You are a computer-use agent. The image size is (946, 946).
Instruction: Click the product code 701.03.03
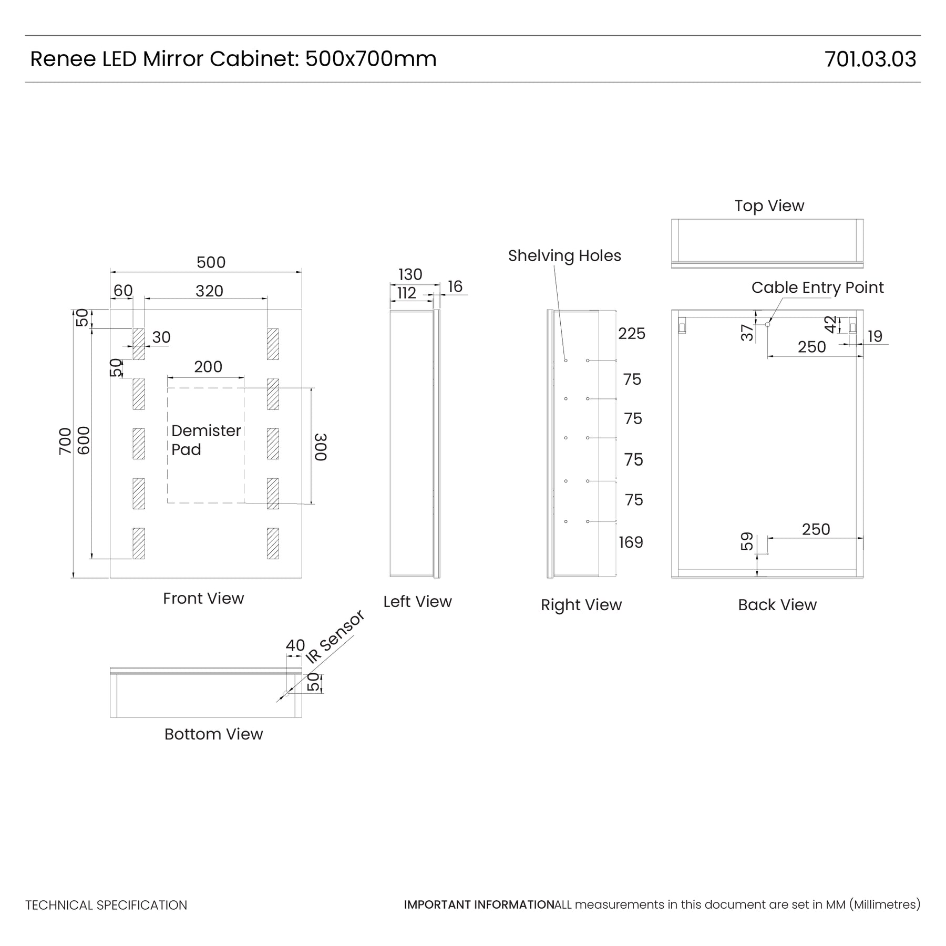tap(870, 59)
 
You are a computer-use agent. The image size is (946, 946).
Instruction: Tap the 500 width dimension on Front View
tap(211, 262)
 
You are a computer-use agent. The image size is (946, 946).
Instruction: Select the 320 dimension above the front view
tap(209, 291)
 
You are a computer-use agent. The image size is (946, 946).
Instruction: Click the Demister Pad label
tap(206, 440)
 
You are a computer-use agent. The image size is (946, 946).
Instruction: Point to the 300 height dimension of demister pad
tap(321, 447)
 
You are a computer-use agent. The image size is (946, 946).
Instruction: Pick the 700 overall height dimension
tap(65, 441)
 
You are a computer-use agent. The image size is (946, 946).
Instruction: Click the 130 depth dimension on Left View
tap(410, 274)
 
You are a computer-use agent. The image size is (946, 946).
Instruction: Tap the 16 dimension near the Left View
tap(455, 286)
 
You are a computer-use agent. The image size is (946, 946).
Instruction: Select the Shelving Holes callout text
tap(564, 255)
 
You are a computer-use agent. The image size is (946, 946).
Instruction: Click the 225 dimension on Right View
tap(632, 333)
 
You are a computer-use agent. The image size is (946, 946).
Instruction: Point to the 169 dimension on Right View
tap(631, 542)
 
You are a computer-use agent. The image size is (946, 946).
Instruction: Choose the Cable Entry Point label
tap(817, 287)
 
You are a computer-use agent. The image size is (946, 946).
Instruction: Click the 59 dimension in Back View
tap(747, 541)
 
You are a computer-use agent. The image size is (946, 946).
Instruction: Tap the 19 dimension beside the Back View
tap(875, 336)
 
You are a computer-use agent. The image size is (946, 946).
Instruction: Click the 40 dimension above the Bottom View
tap(295, 645)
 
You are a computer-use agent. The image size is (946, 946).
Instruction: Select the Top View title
tap(769, 205)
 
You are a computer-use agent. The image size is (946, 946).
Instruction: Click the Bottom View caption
tap(213, 734)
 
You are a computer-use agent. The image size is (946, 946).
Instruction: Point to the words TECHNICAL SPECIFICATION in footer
tap(106, 905)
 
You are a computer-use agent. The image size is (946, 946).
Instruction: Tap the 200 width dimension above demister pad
tap(208, 366)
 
